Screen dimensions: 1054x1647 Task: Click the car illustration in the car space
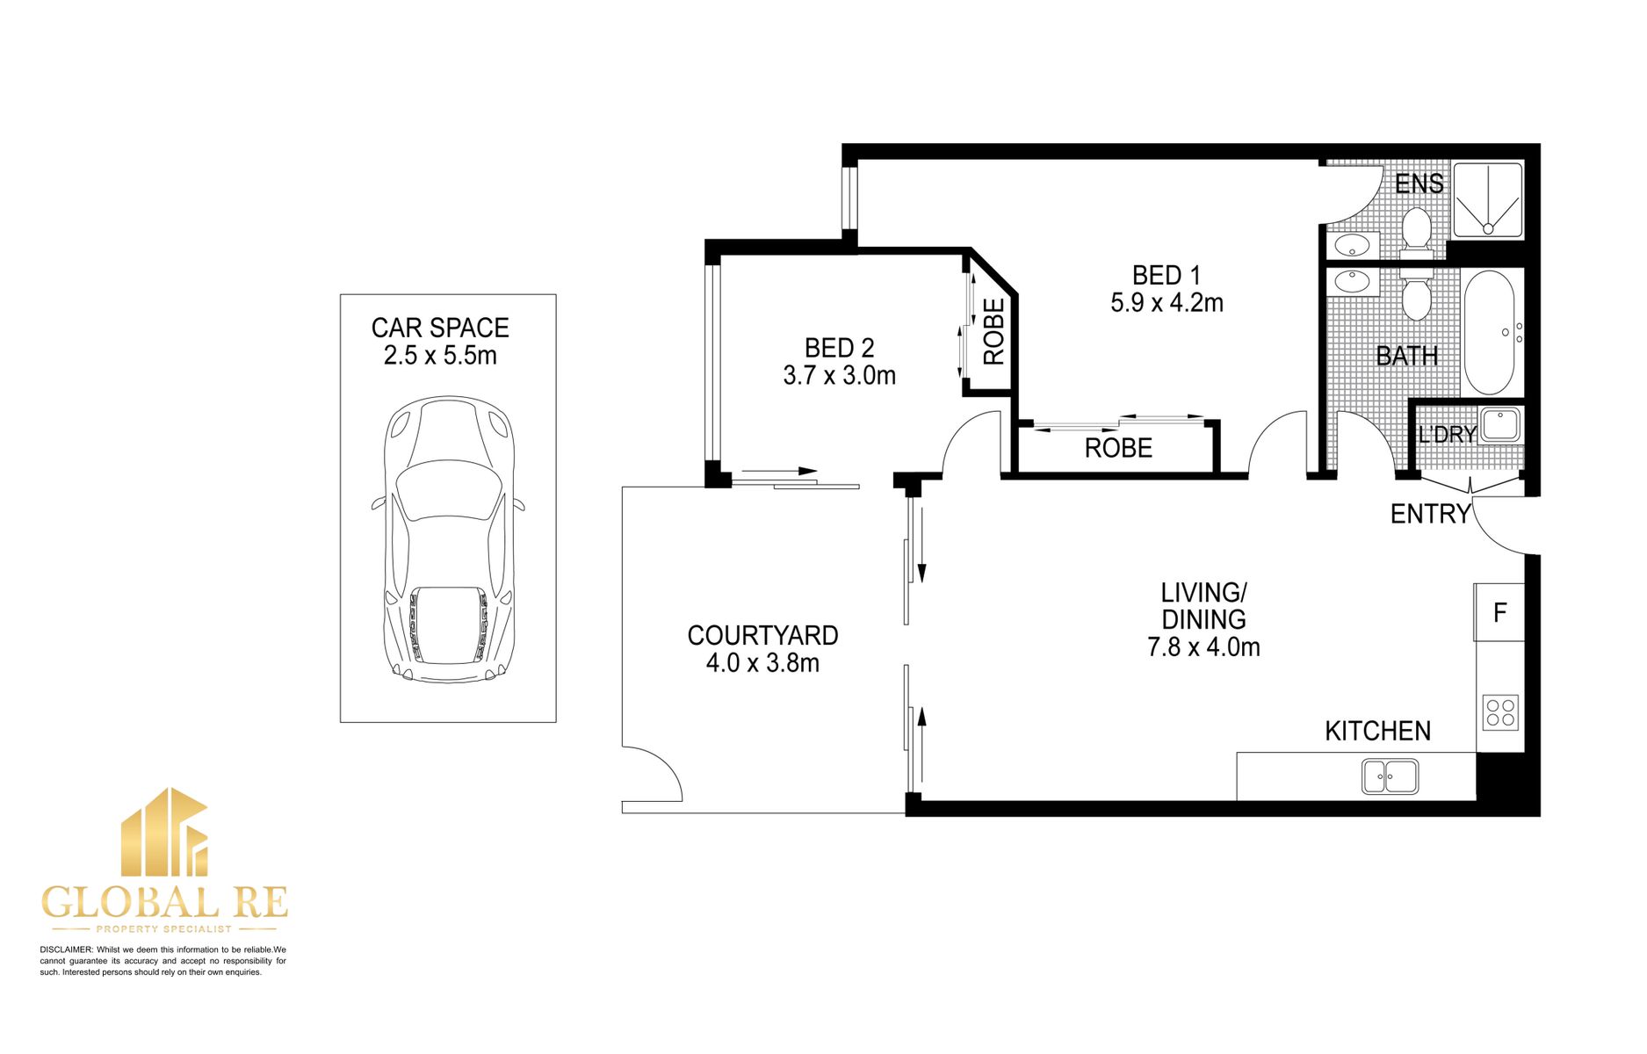(x=448, y=540)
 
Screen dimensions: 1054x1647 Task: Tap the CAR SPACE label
(x=440, y=328)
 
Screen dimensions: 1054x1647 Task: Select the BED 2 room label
(x=839, y=348)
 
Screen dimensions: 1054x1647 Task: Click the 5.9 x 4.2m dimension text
(x=1167, y=303)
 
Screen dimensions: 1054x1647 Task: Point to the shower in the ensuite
(x=1487, y=199)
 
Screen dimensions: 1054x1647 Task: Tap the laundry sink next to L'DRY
(x=1500, y=424)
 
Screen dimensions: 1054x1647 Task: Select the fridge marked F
(x=1499, y=612)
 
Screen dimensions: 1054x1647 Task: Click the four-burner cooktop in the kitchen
(x=1499, y=712)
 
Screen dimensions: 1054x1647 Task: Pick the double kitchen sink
(x=1390, y=776)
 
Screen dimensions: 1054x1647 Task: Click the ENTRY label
(x=1429, y=514)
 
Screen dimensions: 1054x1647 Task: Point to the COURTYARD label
(x=762, y=635)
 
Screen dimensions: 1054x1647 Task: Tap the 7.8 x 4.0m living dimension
(x=1203, y=647)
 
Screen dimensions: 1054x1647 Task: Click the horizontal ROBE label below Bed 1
(x=1117, y=448)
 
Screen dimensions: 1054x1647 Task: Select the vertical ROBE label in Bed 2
(x=993, y=332)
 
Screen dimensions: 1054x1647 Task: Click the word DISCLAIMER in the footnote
(x=66, y=949)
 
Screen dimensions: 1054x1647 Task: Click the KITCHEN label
(x=1377, y=731)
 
